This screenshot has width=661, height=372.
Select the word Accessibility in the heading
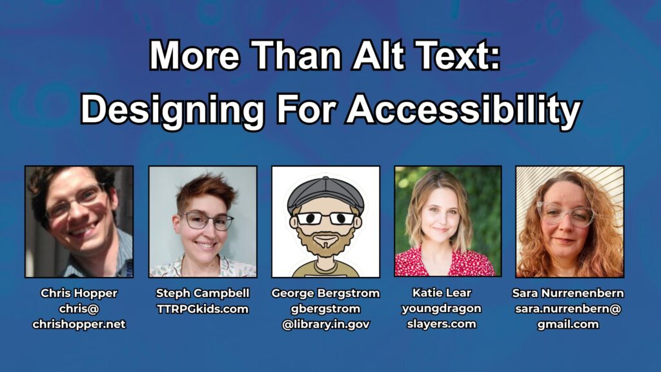[x=463, y=110]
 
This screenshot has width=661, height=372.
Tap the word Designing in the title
[x=172, y=110]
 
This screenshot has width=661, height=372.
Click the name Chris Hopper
[x=79, y=293]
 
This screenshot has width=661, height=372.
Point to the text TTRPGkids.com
[x=203, y=309]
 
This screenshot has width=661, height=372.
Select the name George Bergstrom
[x=325, y=293]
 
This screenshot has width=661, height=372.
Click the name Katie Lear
[x=442, y=293]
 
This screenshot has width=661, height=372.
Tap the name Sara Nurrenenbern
[x=568, y=293]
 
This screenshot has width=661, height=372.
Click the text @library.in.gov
[x=326, y=324]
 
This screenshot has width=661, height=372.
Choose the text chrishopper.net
[x=79, y=324]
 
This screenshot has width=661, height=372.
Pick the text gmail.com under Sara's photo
[x=568, y=324]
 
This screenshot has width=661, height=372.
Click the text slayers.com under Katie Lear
[x=442, y=324]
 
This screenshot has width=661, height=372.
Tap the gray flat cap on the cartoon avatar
[x=325, y=194]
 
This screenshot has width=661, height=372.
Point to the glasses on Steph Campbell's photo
[x=207, y=221]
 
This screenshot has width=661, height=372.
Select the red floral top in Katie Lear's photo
[x=445, y=262]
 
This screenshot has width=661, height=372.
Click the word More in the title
[x=195, y=56]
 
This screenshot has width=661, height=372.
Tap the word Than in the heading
[x=296, y=56]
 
